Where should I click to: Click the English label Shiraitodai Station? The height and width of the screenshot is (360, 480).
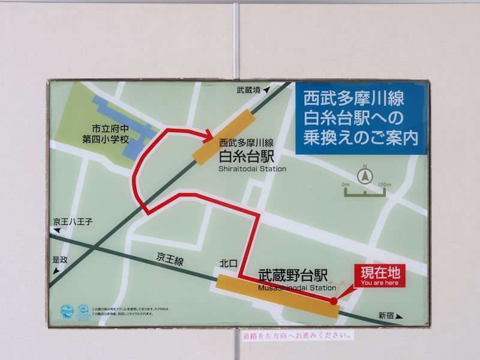point(252,169)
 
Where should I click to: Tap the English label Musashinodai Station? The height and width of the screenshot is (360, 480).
point(297,287)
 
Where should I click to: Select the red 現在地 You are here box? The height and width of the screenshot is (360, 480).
point(380,275)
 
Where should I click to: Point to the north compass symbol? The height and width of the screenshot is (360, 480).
point(364,176)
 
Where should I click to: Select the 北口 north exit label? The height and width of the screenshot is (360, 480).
point(229,263)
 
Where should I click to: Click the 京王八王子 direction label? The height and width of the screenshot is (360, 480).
point(72,222)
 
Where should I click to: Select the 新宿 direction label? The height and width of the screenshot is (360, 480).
point(386,315)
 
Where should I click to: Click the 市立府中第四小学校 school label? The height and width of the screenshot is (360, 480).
point(106,134)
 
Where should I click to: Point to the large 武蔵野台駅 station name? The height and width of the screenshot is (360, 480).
point(293,275)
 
